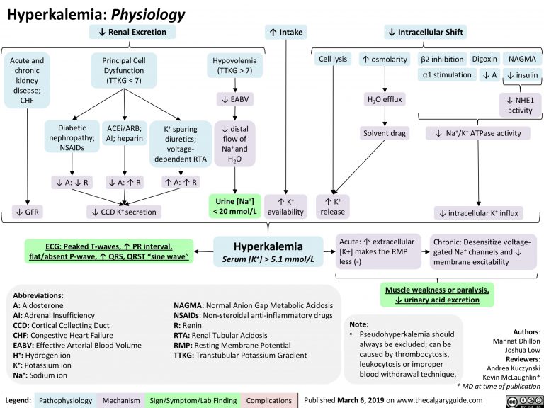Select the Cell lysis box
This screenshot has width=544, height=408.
pos(333,59)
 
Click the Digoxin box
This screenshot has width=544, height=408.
pos(484,58)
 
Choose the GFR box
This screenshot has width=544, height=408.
pos(25,210)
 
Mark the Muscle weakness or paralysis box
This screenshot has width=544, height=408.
pos(437,295)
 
